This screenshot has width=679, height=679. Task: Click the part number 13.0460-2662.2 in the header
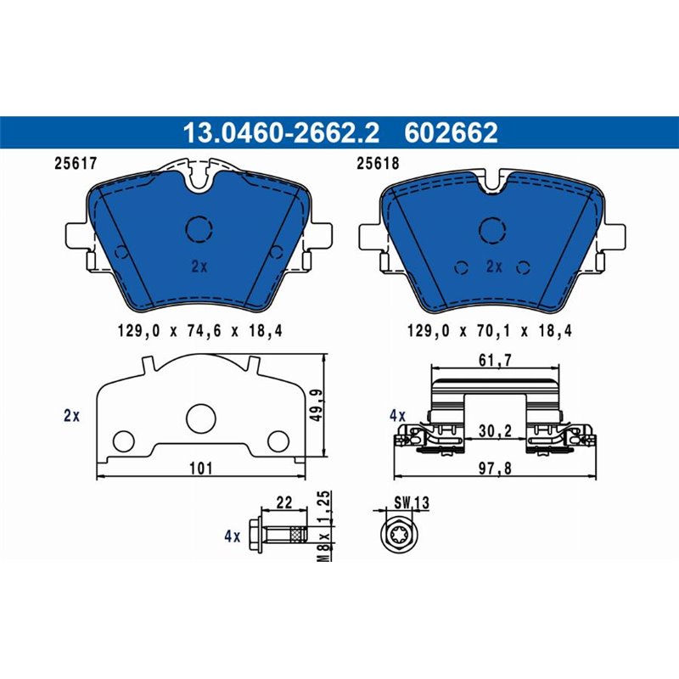pos(281,133)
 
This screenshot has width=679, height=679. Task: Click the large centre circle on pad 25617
pos(200,228)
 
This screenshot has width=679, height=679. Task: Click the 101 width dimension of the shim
pos(200,468)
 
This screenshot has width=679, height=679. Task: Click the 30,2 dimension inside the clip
pos(495,430)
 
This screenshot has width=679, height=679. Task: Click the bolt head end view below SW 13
pos(399,536)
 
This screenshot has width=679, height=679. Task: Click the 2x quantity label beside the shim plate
pos(71,416)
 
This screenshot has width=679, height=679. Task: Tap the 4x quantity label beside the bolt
pos(232,536)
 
